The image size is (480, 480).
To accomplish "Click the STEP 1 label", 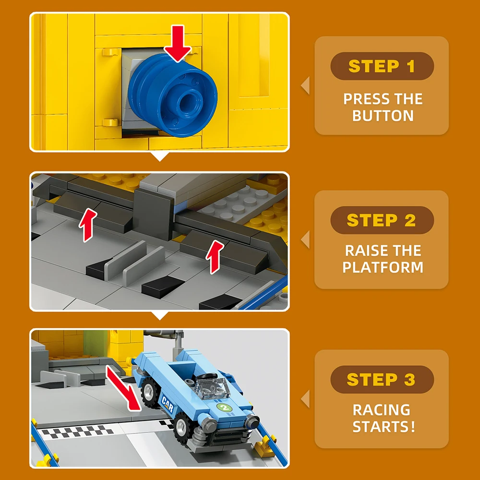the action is click(382, 66).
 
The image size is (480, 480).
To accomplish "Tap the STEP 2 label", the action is click(382, 220).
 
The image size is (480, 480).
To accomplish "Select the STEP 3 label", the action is click(382, 380).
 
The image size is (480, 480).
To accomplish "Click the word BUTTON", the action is click(383, 116).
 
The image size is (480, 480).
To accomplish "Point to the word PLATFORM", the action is click(383, 267).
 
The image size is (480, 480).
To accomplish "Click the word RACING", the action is click(382, 410).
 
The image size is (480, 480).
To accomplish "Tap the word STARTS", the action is click(381, 426).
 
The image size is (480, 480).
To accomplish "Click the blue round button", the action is click(172, 95).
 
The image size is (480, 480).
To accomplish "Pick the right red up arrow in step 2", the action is click(215, 256).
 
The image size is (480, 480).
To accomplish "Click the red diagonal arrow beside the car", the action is click(123, 388).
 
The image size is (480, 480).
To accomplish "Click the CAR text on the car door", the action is click(168, 404).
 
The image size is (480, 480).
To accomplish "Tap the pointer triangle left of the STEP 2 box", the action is click(305, 240).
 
